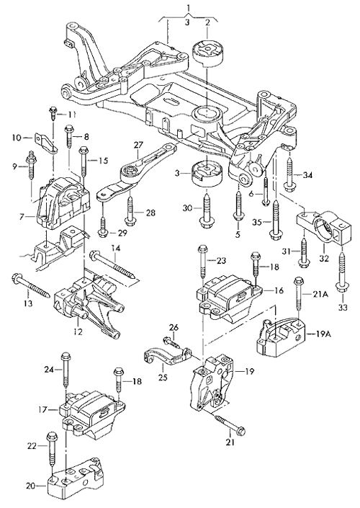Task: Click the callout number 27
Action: click(x=138, y=145)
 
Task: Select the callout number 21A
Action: click(x=320, y=294)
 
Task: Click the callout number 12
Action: click(x=78, y=331)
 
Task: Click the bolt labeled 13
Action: click(x=30, y=285)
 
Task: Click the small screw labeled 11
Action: click(x=53, y=113)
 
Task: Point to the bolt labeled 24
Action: click(x=65, y=370)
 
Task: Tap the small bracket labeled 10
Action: click(x=45, y=143)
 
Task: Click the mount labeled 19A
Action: click(x=280, y=339)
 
